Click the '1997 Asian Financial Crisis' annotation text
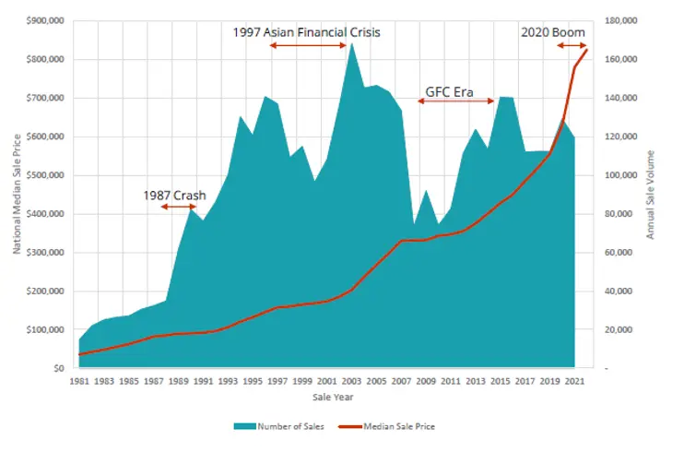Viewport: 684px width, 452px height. coord(308,32)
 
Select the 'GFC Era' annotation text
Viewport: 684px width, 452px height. coord(449,92)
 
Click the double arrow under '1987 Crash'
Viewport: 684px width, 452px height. coord(177,207)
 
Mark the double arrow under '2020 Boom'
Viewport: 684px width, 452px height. coord(571,45)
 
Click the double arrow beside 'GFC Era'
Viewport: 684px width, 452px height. coord(455,101)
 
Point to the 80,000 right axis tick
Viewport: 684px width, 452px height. coord(618,214)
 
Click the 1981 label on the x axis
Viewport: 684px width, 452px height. coord(80,381)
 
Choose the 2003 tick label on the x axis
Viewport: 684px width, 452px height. coord(350,381)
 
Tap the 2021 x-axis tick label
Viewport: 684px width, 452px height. coord(572,381)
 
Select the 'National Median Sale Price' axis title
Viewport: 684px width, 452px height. coord(18,194)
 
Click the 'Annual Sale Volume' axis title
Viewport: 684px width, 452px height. coord(650,195)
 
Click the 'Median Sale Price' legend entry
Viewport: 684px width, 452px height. coord(393,427)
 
